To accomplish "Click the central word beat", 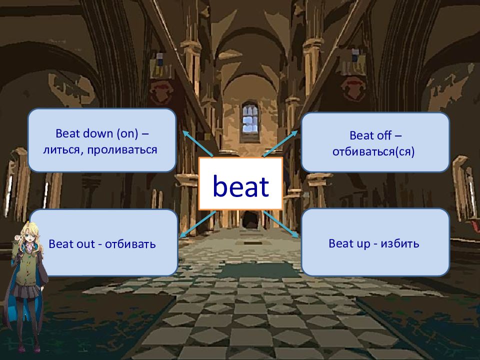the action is point(241,186).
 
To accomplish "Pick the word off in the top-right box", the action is point(384,135).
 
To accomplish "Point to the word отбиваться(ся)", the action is point(373,152).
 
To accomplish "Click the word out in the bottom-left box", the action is point(84,244).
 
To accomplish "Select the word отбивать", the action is point(130,244).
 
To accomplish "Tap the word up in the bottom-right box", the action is point(363,244).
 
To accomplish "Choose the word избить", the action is point(400,243).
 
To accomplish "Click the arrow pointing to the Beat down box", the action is point(197,143).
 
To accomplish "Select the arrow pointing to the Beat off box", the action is point(280,143).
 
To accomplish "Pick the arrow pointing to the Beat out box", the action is point(197,224).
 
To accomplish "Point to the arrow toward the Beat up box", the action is point(280,224).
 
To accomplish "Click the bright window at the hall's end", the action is point(250,119).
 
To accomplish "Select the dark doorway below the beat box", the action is point(250,219).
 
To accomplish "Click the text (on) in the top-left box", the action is point(127,133).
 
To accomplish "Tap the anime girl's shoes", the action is point(28,348).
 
